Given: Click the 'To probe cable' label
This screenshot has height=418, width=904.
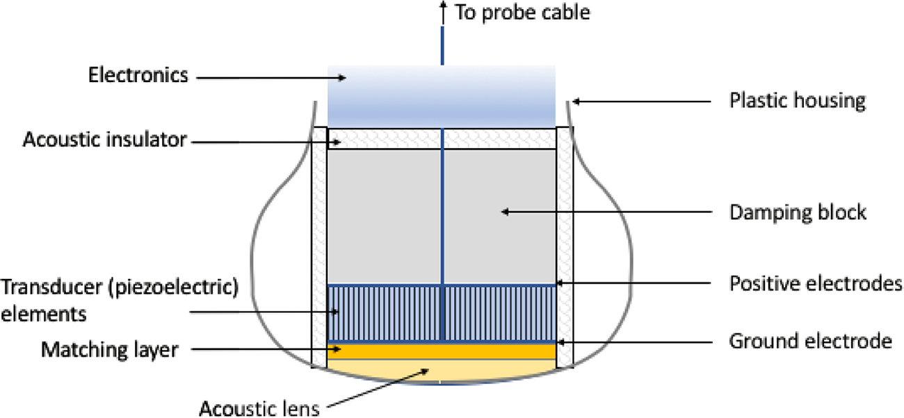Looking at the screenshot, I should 522,13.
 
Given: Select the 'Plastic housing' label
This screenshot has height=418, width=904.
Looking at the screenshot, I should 797,100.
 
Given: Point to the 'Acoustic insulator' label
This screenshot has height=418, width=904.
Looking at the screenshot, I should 104,140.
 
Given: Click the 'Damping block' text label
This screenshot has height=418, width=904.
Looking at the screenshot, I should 798,211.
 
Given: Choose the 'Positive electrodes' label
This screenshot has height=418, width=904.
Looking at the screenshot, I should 815,284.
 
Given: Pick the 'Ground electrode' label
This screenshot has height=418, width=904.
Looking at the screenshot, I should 810,341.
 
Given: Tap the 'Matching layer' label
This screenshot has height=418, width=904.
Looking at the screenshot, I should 110,348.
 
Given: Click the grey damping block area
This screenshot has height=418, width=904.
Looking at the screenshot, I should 389,216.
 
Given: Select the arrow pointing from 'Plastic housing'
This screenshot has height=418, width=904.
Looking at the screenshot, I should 640,102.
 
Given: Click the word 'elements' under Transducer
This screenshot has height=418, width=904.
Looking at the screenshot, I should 44,314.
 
